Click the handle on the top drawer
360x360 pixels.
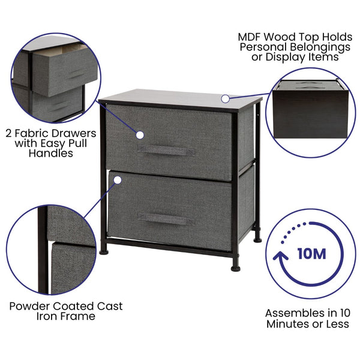point(166,150)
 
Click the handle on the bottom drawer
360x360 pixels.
point(166,219)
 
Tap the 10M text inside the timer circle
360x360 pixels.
point(311,253)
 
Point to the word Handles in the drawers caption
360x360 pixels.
point(50,154)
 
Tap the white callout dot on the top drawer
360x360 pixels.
point(140,135)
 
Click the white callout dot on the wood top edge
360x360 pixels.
point(225,98)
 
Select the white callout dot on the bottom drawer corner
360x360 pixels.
point(118,179)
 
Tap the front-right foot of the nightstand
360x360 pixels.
point(236,268)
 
